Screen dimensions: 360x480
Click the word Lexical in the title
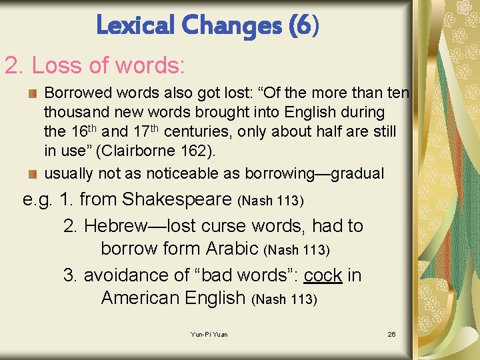(x=133, y=25)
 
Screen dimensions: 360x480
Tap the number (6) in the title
(x=304, y=25)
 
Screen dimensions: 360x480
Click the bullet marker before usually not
(x=31, y=174)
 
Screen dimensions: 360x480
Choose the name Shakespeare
(x=179, y=199)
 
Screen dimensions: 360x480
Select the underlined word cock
(x=323, y=275)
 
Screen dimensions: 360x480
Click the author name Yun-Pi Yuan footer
(x=209, y=334)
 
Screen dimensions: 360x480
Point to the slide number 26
(x=391, y=334)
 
